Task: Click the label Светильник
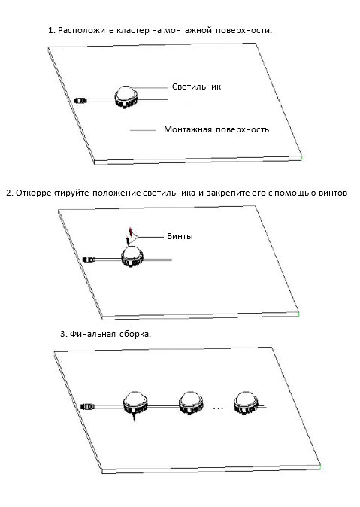tap(196, 87)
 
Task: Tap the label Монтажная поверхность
tap(216, 129)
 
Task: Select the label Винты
tap(180, 236)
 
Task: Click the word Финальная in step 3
tap(92, 334)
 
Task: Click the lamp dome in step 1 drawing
tap(126, 92)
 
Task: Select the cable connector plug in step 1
tap(80, 100)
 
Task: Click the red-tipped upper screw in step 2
tap(130, 231)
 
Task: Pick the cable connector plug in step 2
tap(89, 260)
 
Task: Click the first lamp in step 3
tap(135, 403)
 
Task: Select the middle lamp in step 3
tap(191, 403)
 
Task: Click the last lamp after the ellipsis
tap(246, 403)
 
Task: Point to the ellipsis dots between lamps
tap(218, 408)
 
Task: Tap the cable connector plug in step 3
tap(88, 405)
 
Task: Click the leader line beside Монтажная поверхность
tap(143, 130)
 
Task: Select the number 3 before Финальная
tap(62, 334)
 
